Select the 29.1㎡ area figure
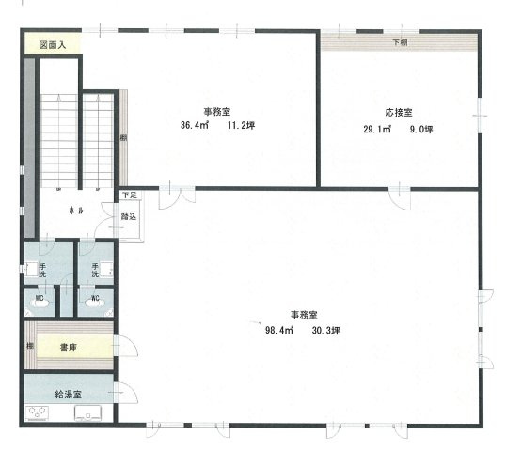(377, 129)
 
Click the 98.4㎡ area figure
(280, 329)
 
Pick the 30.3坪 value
(323, 329)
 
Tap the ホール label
(76, 210)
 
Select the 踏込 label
(129, 216)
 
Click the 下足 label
(128, 195)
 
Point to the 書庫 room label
(68, 347)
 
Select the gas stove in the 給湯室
(39, 412)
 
